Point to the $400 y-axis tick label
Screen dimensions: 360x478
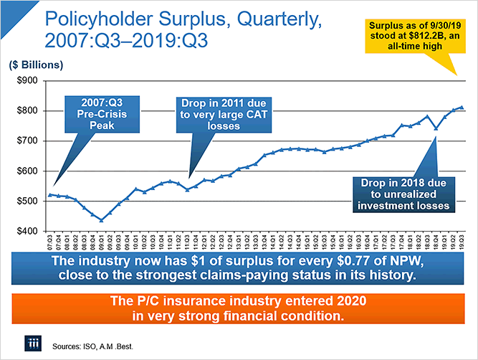[x=24, y=231]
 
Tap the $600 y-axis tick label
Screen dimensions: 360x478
[x=24, y=171]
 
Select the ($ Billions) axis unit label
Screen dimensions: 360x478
[x=37, y=64]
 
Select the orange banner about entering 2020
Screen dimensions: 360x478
[x=238, y=306]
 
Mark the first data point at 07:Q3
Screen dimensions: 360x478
[x=50, y=194]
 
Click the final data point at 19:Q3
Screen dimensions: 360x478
[x=461, y=108]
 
